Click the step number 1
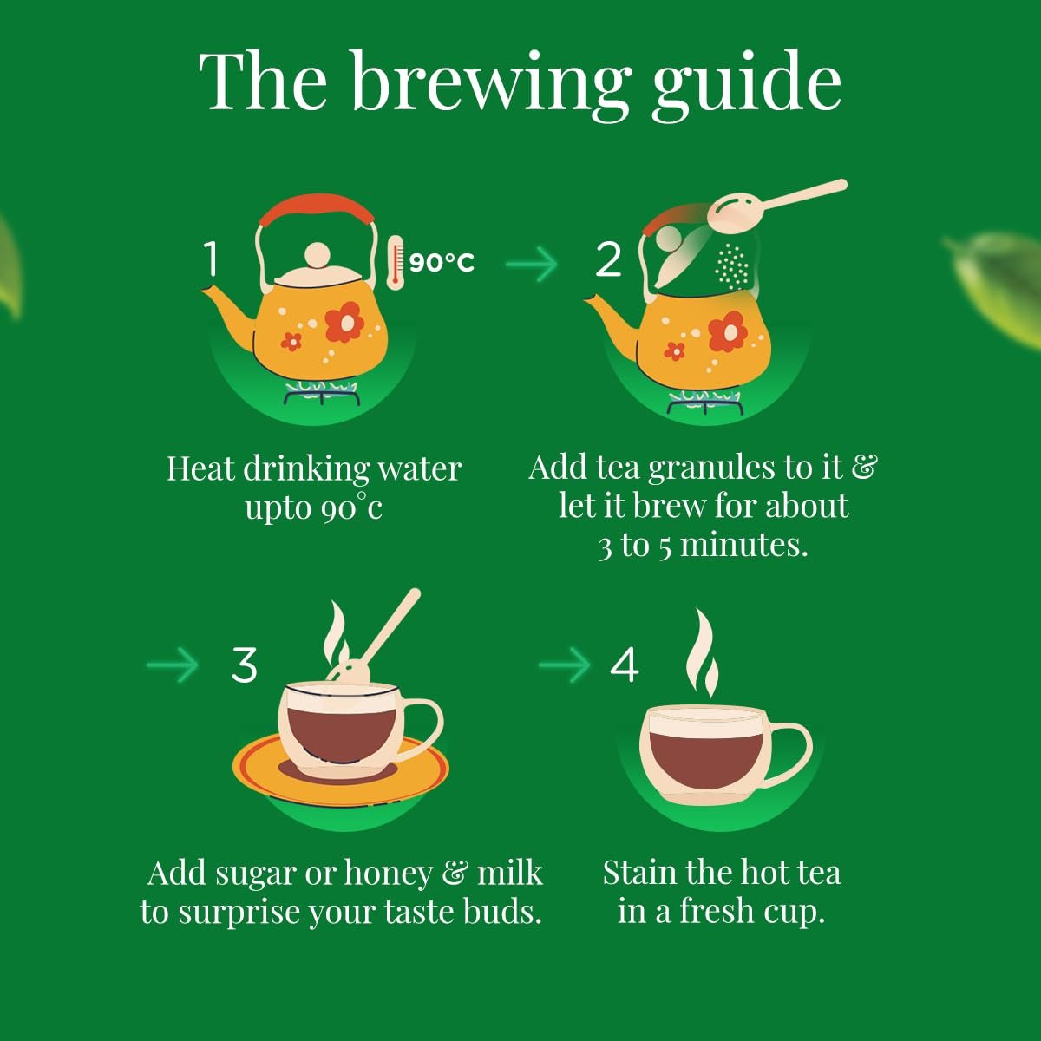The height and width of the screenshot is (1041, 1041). [x=211, y=259]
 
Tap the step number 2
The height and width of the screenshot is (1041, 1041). [x=608, y=259]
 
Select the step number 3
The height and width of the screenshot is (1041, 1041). [x=244, y=665]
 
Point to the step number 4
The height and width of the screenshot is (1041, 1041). [x=624, y=665]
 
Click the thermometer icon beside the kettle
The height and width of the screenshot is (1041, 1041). [x=396, y=263]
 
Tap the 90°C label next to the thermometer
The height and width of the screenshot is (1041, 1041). [x=442, y=263]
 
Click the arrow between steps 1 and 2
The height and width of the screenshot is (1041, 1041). [x=531, y=264]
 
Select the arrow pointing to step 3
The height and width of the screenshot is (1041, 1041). [x=173, y=665]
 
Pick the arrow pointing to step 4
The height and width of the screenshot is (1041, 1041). [x=565, y=665]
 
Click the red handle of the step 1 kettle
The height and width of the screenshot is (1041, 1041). [x=317, y=207]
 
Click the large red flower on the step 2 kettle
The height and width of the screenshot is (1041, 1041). [x=727, y=331]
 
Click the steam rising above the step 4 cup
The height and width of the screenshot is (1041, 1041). [x=703, y=654]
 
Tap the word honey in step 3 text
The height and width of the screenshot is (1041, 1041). [x=389, y=874]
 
